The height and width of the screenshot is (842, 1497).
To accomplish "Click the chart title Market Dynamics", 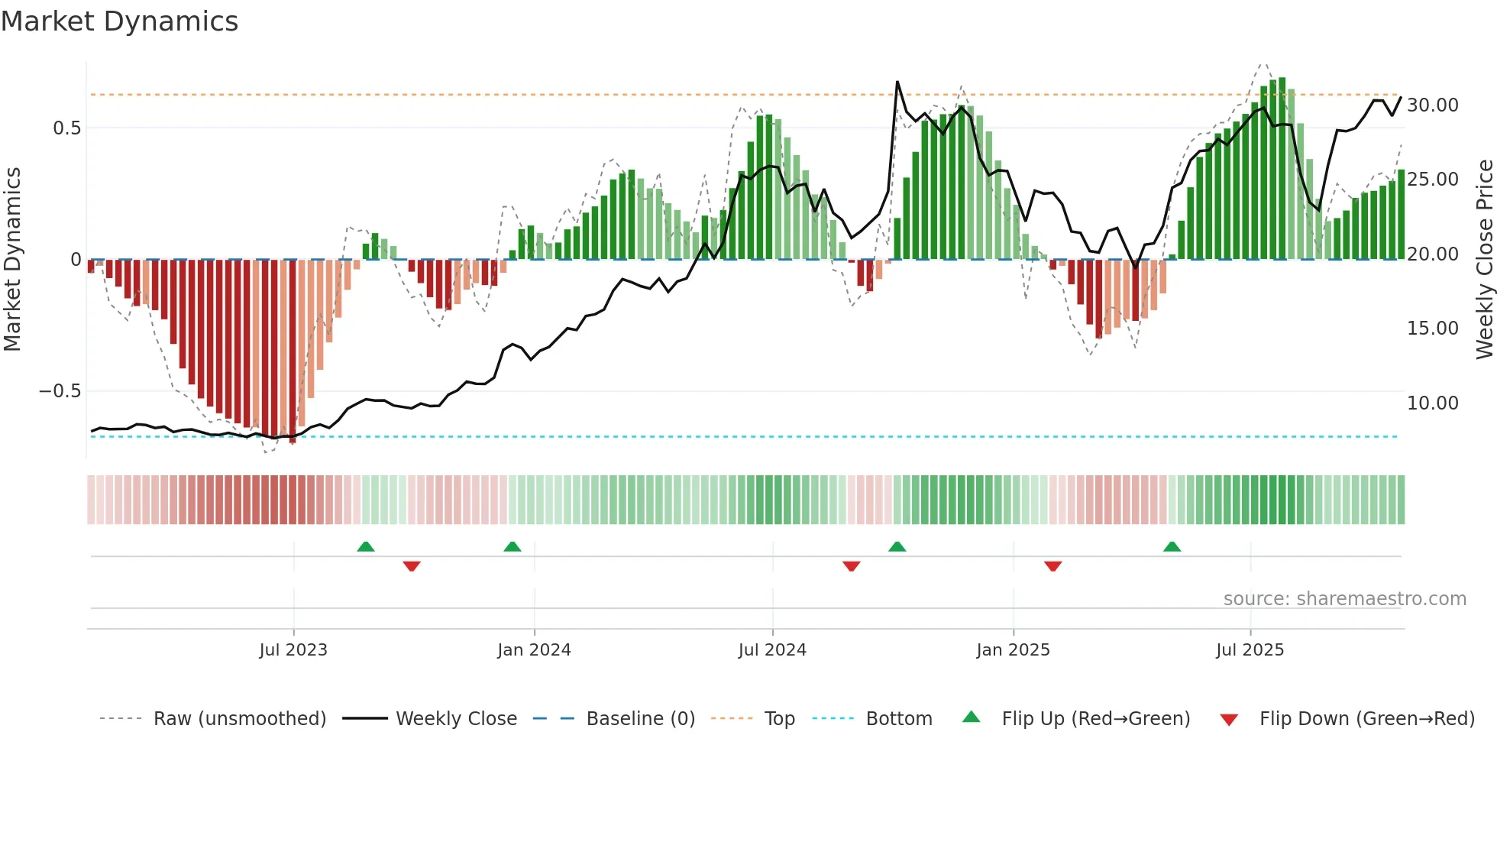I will click(x=120, y=21).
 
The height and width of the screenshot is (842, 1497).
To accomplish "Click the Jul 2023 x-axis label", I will click(x=293, y=650).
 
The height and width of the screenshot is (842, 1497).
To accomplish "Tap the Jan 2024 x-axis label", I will click(x=534, y=650).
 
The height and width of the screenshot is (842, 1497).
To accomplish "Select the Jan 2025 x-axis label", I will click(x=1013, y=650).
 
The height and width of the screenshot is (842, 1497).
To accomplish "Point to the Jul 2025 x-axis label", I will click(x=1250, y=650).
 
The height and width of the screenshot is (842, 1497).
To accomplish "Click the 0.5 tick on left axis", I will click(x=66, y=128).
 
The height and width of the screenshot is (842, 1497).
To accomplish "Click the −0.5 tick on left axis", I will click(x=60, y=391).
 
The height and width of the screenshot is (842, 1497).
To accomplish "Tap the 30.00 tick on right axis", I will click(x=1432, y=105).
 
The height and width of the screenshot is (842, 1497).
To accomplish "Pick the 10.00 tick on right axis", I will click(x=1432, y=403).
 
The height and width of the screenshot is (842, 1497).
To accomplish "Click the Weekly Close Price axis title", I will click(x=1484, y=260).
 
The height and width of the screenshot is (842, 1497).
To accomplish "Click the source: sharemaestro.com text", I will click(x=1344, y=599).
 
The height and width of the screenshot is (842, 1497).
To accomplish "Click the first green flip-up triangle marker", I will click(x=366, y=546).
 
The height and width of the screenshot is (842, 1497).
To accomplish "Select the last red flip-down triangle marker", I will click(x=1052, y=566).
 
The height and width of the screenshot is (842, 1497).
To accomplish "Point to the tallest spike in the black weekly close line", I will click(x=897, y=83).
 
